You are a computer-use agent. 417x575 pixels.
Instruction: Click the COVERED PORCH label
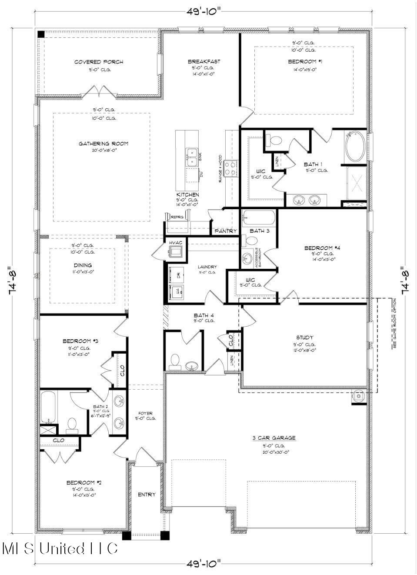click(x=98, y=62)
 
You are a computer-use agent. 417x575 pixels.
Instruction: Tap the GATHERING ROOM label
click(x=103, y=144)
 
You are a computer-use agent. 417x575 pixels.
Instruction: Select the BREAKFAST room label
click(x=203, y=62)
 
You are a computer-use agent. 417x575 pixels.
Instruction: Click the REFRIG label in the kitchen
click(x=177, y=217)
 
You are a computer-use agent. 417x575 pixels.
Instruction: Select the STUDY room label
click(x=304, y=338)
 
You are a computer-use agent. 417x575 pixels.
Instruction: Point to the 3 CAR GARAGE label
click(x=274, y=438)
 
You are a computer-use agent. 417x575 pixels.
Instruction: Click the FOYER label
click(x=145, y=413)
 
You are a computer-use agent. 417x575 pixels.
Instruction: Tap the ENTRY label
click(x=147, y=495)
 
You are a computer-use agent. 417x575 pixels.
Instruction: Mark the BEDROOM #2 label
click(x=83, y=482)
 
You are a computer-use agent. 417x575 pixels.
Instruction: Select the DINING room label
click(x=83, y=265)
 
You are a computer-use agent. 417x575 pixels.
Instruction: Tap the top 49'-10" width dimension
click(x=203, y=11)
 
